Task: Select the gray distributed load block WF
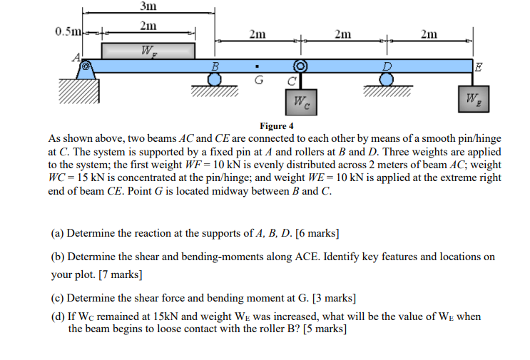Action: pyautogui.click(x=148, y=51)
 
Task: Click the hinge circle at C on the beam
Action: pyautogui.click(x=300, y=66)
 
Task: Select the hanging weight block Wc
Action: pyautogui.click(x=300, y=101)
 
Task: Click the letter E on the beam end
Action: pyautogui.click(x=478, y=67)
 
